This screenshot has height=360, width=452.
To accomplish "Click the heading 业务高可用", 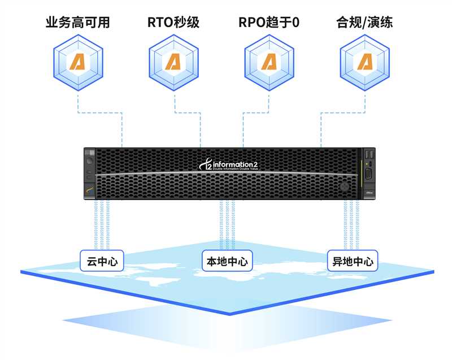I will point(77,23).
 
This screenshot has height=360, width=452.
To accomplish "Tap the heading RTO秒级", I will point(173,23).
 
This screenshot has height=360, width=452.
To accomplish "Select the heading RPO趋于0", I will point(269,23).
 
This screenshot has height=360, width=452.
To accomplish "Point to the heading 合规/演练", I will point(364,23).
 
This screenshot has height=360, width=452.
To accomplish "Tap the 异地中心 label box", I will point(351,261).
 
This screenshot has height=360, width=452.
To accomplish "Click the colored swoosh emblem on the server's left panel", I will point(89,191).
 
